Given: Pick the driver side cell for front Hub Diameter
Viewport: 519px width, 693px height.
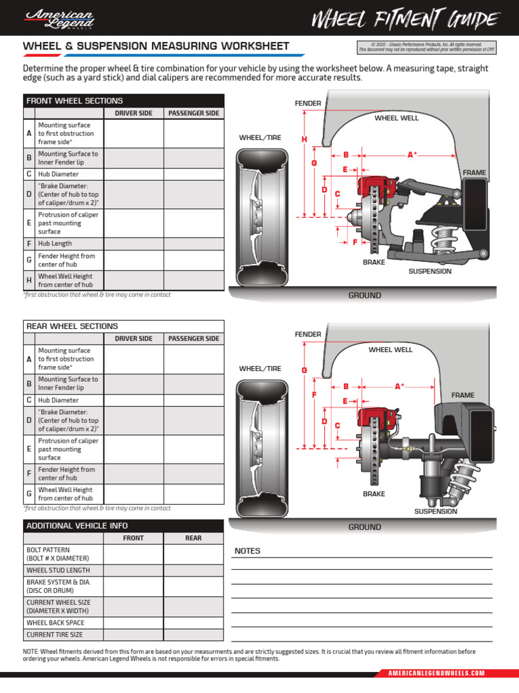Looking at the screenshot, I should (134, 174).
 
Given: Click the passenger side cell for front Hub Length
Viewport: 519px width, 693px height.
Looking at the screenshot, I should (193, 244).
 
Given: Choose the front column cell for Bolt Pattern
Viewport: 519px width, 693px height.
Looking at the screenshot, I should (133, 554).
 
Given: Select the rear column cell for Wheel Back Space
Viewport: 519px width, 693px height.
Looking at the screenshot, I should (193, 623).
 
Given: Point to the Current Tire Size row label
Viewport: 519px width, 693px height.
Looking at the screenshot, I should (55, 635).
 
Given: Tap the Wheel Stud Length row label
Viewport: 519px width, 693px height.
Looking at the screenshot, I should (57, 570).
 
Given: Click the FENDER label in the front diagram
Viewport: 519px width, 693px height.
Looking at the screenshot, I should (307, 103).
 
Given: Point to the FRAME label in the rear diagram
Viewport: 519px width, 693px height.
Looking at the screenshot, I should (463, 395).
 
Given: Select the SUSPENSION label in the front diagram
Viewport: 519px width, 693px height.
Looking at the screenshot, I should (430, 271).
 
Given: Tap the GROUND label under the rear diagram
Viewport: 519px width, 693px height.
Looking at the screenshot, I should (364, 527).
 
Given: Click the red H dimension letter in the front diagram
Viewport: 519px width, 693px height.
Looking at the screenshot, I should (304, 139).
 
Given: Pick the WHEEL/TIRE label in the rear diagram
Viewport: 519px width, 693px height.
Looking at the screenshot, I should (259, 369).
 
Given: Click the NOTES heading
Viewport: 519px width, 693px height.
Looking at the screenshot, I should (247, 551).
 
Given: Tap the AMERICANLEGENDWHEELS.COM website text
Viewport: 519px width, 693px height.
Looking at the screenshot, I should (437, 673).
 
